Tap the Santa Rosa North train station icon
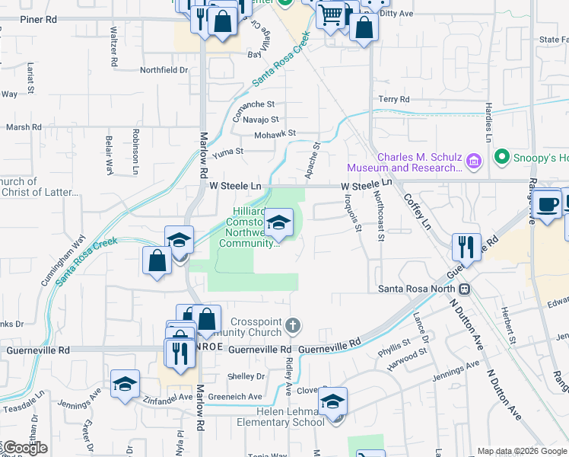463,289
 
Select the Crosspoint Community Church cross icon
293,327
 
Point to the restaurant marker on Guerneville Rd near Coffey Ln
467,247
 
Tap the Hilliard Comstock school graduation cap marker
279,222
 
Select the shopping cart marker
331,14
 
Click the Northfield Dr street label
164,70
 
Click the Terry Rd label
394,100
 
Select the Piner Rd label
39,19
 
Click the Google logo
24,448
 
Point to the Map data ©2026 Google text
522,451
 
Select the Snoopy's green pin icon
501,158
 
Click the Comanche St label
253,104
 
